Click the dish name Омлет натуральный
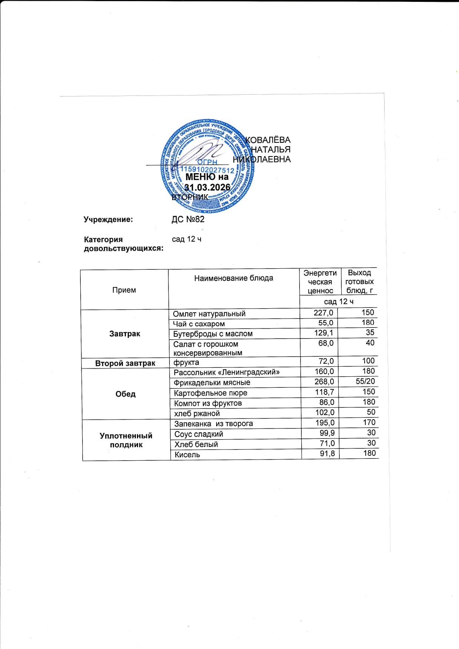(x=209, y=314)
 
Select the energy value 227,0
(x=323, y=313)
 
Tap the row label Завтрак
(x=125, y=334)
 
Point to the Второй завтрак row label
(x=125, y=363)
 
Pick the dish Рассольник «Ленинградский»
(x=227, y=372)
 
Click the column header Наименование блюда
(x=234, y=278)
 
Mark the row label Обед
(x=125, y=394)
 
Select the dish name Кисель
(x=187, y=455)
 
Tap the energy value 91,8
(x=327, y=454)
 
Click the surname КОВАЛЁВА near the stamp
(x=268, y=140)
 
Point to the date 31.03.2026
(x=207, y=188)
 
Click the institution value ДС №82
(x=188, y=219)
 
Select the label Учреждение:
(x=108, y=219)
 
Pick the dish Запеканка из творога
(x=214, y=424)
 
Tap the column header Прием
(x=124, y=290)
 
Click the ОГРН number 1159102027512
(x=207, y=170)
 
